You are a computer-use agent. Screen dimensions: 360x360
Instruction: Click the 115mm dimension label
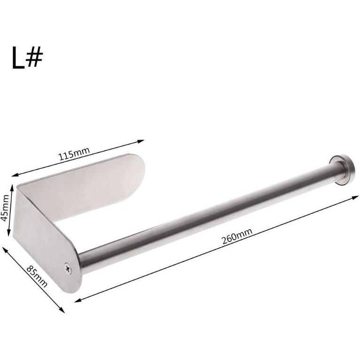coord(74,154)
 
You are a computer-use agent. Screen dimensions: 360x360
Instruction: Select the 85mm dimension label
coord(37,276)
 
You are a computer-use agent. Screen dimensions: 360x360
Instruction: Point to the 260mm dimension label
coord(237,236)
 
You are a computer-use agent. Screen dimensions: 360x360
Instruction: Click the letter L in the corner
coord(18,57)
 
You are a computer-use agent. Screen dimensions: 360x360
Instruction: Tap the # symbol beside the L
coord(34,56)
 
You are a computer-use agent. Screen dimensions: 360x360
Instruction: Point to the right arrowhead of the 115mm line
coord(141,141)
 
